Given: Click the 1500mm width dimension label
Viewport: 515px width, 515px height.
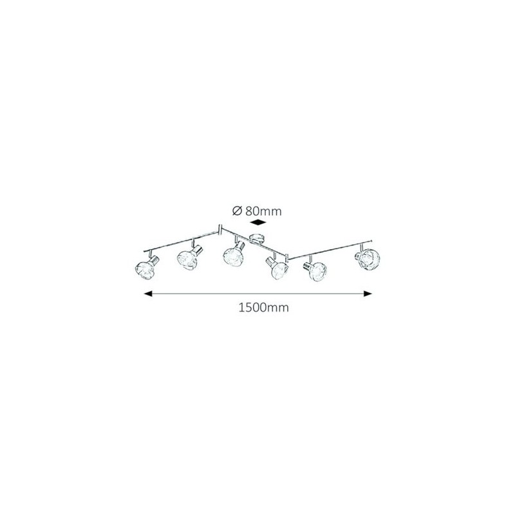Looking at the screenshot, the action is coord(263,308).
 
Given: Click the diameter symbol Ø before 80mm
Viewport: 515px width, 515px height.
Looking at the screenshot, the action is coord(237,211).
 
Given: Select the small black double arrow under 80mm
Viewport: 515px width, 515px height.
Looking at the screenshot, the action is coord(258,223).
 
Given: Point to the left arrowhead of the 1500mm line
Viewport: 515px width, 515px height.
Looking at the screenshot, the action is coord(148,294).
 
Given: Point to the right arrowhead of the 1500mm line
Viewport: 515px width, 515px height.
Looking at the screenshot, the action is coord(368,294).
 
